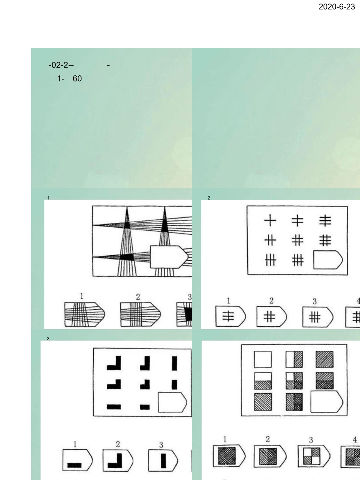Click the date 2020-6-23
point(337,7)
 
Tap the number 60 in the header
point(77,78)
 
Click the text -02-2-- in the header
point(61,65)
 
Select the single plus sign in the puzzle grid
point(270,220)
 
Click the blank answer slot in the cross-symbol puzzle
point(328,260)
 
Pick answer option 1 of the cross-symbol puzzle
point(230,316)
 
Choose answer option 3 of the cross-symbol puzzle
point(318,317)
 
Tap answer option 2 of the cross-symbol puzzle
point(272,316)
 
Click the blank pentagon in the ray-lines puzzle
point(169,257)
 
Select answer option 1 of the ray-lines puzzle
point(85,314)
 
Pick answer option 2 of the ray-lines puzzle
point(141,314)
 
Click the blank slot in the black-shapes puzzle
point(172,402)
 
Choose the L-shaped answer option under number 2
point(118,460)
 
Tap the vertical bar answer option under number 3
point(163,460)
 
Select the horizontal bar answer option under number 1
point(77,460)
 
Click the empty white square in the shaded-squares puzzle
point(263,360)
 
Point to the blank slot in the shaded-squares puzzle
point(327,402)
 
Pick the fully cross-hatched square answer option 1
point(229,456)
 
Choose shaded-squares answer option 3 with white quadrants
point(314,457)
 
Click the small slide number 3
point(49,339)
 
